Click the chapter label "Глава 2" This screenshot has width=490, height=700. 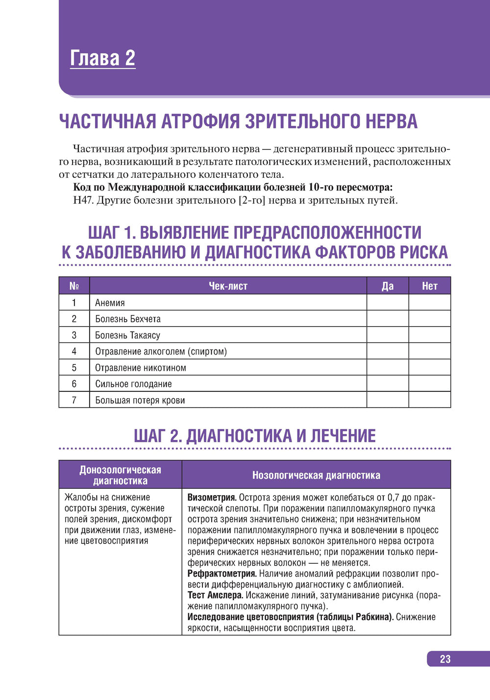(102, 58)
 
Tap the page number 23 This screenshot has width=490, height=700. (445, 659)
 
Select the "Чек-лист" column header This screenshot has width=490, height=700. (228, 286)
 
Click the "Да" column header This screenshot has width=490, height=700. (387, 286)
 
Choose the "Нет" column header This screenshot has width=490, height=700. (429, 286)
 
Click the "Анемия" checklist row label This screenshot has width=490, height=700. (110, 303)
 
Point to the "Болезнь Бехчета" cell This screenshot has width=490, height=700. (128, 319)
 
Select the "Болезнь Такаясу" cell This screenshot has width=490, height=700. (127, 335)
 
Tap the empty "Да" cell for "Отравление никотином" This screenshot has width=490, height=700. (387, 367)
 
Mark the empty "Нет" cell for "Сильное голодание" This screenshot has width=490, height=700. (429, 384)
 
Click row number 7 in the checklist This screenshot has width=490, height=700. (74, 400)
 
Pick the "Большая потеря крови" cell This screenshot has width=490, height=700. (140, 400)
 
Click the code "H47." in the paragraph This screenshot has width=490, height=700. (83, 200)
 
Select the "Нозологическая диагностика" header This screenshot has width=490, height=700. (316, 475)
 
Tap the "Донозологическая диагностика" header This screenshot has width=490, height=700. (120, 475)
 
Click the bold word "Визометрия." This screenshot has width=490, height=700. (212, 497)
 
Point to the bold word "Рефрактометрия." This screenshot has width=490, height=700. (222, 573)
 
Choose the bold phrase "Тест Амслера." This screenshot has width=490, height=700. (215, 595)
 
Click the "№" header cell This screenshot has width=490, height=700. (74, 286)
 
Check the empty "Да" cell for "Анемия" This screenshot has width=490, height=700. (387, 303)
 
